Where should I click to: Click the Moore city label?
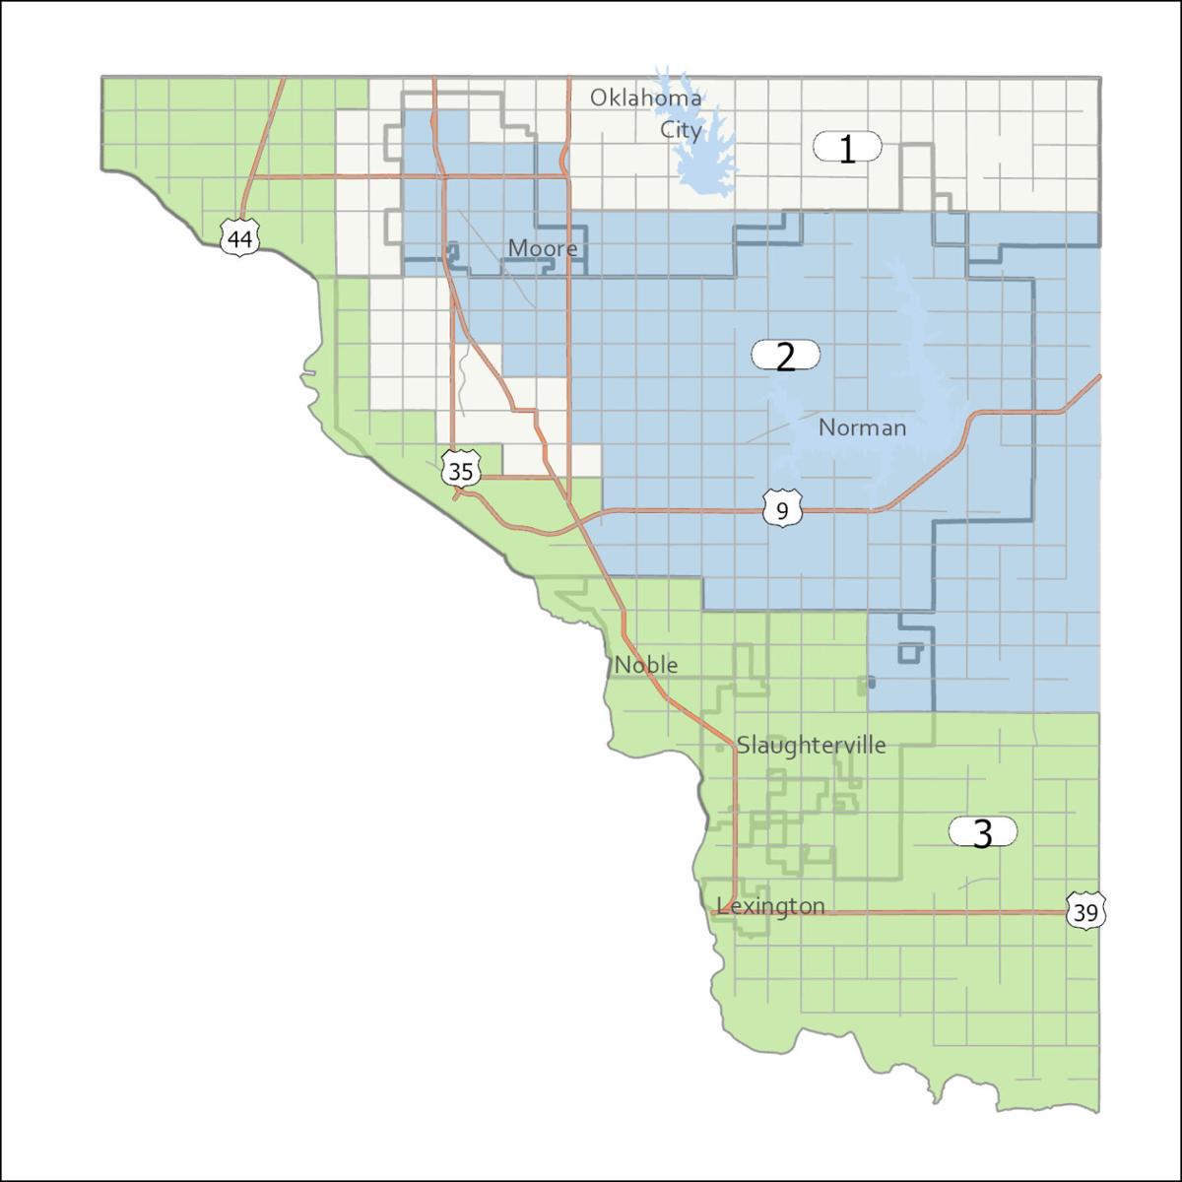pos(543,248)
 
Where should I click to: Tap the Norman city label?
pos(862,427)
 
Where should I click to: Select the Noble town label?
pos(646,665)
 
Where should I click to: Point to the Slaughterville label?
pos(811,745)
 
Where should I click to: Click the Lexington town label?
pos(771,906)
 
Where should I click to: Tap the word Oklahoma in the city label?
pos(645,98)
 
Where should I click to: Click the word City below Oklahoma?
pos(682,129)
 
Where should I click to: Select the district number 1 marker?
pos(847,148)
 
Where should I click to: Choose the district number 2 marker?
pos(785,356)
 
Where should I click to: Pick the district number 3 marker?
pos(982,833)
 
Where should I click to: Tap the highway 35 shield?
pos(460,470)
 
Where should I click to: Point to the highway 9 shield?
pos(782,509)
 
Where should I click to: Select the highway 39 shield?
pos(1085,912)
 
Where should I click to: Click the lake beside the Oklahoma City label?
pos(701,148)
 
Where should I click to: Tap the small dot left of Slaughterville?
pos(720,749)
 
